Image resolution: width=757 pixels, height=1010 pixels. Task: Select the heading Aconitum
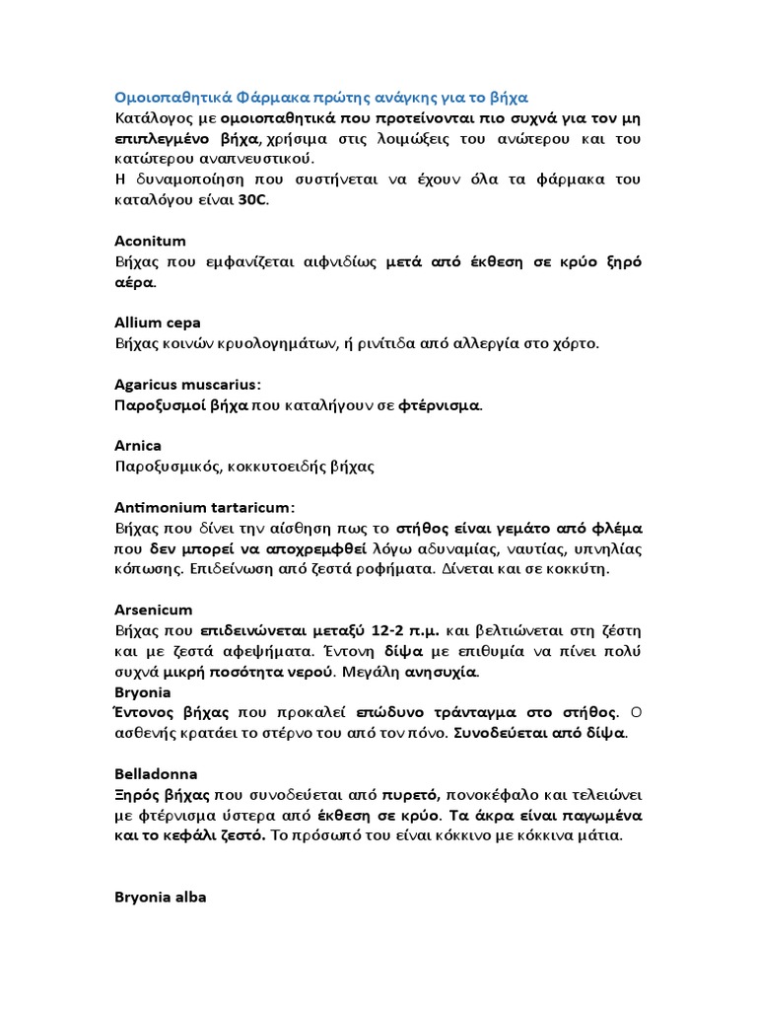(150, 241)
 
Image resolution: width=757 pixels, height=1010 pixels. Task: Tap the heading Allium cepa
(158, 323)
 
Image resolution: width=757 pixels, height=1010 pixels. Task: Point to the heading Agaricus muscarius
(193, 384)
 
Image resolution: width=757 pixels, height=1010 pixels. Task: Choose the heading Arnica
(138, 445)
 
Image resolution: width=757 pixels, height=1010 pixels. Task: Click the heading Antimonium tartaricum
(204, 507)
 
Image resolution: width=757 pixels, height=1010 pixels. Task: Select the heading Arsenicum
(153, 610)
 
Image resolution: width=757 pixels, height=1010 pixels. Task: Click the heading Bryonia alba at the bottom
(160, 898)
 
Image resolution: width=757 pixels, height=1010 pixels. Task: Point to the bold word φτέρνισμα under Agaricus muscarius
(440, 404)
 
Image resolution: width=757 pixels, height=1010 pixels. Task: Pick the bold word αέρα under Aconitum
(134, 282)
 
